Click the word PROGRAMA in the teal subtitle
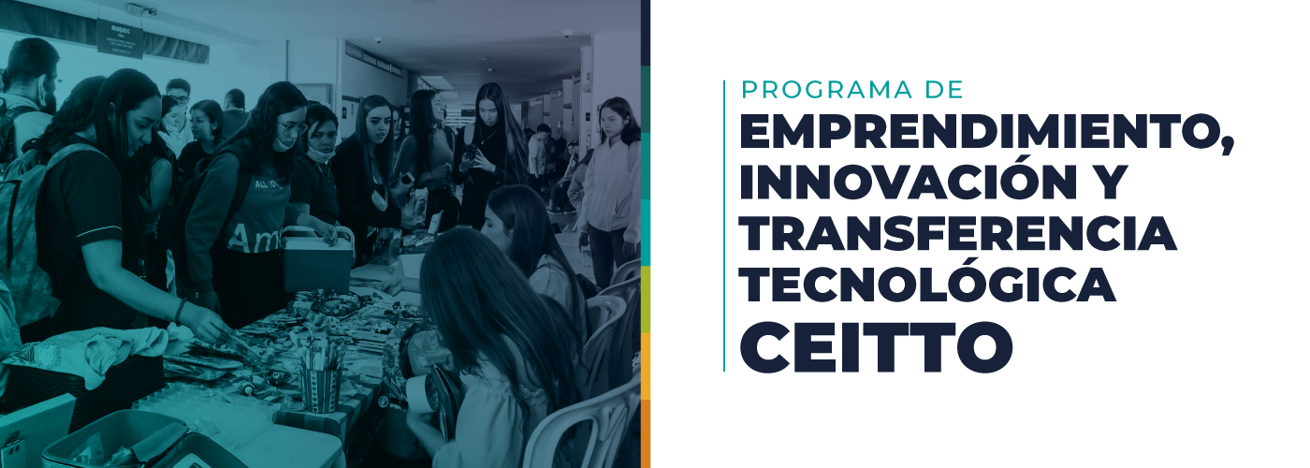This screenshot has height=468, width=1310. point(826,90)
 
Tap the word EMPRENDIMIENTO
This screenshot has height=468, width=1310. point(981,133)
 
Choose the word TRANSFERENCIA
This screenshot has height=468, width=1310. point(958,233)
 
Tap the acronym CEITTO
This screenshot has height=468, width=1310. point(876,346)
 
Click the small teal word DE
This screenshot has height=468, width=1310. point(944,90)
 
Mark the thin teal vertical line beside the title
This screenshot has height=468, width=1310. point(724,226)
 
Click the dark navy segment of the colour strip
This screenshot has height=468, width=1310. point(646,33)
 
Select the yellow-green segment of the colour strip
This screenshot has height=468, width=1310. point(646,300)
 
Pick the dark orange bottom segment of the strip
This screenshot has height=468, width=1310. point(646,433)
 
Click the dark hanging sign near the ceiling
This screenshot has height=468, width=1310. point(120,38)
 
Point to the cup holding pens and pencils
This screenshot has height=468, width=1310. point(320,388)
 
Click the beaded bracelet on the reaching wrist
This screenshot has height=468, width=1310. point(180,313)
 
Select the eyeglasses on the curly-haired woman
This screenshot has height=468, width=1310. point(292,129)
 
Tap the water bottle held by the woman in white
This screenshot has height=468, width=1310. point(587,258)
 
